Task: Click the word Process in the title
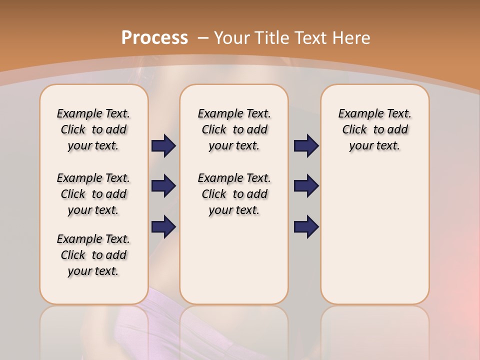click(x=154, y=38)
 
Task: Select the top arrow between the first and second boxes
click(x=163, y=146)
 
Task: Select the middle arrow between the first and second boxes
click(x=163, y=186)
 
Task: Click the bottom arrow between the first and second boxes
click(x=163, y=226)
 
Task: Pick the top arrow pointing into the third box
click(x=306, y=146)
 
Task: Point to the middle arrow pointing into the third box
click(x=306, y=186)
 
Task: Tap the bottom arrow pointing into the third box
click(x=306, y=226)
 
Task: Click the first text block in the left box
click(x=93, y=129)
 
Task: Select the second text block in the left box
click(x=93, y=194)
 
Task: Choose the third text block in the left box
click(x=93, y=255)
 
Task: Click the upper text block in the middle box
click(x=234, y=129)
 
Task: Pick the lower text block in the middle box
click(x=234, y=194)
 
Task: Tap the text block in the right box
click(x=374, y=129)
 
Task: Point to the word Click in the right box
click(x=354, y=130)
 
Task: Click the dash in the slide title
click(x=203, y=38)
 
